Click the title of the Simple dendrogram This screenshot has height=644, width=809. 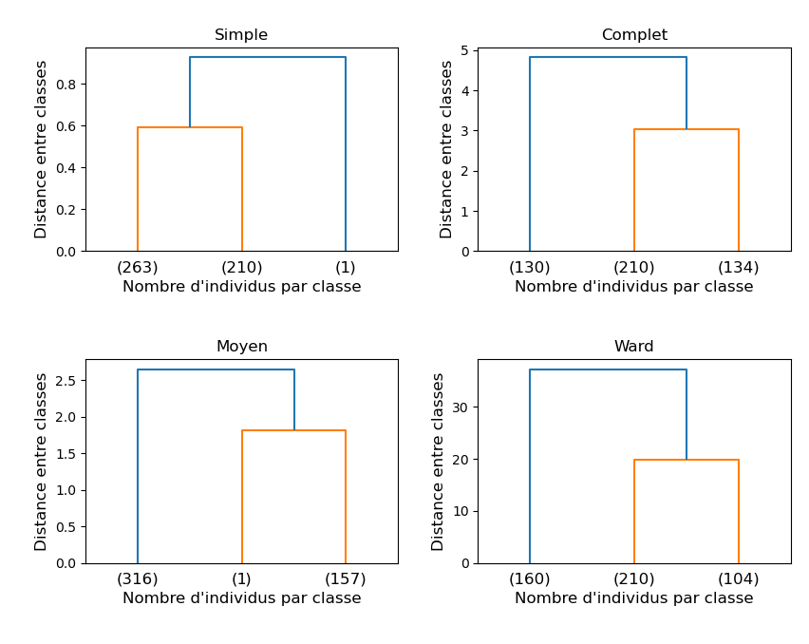pyautogui.click(x=241, y=35)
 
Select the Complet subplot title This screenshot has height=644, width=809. pyautogui.click(x=633, y=35)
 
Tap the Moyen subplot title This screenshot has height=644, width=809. pyautogui.click(x=241, y=347)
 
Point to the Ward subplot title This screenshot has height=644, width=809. pyautogui.click(x=633, y=347)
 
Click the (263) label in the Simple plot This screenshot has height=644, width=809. pyautogui.click(x=138, y=268)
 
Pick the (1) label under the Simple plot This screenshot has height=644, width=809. pyautogui.click(x=346, y=268)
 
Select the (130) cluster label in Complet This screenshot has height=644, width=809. pyautogui.click(x=530, y=268)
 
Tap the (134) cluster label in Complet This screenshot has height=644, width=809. pyautogui.click(x=738, y=268)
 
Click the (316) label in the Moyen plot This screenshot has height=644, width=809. pyautogui.click(x=138, y=579)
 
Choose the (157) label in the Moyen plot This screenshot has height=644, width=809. pyautogui.click(x=346, y=579)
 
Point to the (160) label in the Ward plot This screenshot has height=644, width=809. pyautogui.click(x=530, y=579)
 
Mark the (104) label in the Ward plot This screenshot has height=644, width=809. pyautogui.click(x=738, y=579)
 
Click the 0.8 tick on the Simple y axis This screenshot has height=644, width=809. pyautogui.click(x=67, y=85)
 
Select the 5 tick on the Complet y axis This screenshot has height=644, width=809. pyautogui.click(x=465, y=51)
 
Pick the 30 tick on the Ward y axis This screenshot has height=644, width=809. pyautogui.click(x=461, y=407)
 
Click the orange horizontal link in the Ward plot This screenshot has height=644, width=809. pyautogui.click(x=686, y=460)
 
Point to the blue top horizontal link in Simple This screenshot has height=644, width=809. pyautogui.click(x=268, y=57)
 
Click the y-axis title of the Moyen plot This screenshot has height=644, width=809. pyautogui.click(x=42, y=461)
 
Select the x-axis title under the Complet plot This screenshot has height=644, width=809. pyautogui.click(x=633, y=287)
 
